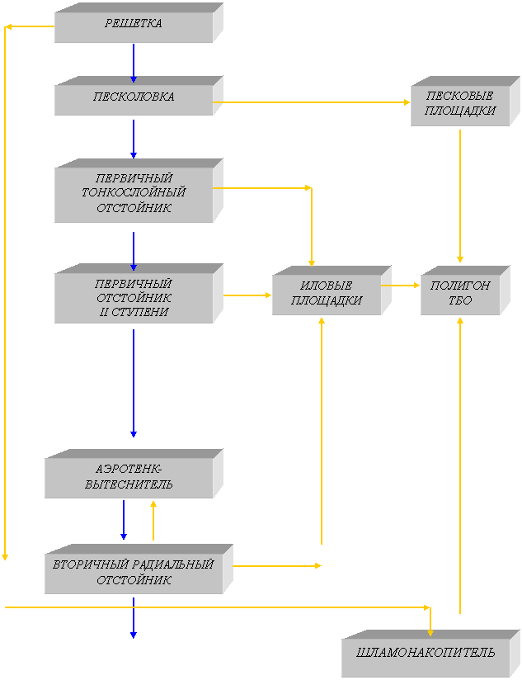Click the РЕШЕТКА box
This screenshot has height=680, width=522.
tap(134, 25)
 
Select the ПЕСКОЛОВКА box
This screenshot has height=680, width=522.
tap(134, 97)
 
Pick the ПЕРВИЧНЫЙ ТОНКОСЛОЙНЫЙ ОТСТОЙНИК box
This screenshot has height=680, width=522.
tap(134, 193)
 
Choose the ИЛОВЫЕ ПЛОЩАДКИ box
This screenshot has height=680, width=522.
tap(327, 294)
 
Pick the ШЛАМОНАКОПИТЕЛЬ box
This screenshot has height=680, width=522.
tap(426, 654)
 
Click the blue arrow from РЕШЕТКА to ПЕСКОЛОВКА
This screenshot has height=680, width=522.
tap(134, 62)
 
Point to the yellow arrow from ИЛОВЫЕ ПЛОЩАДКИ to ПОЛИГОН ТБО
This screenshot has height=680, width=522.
tap(401, 286)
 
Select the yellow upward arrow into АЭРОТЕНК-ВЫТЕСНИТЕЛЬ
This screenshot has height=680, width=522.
tap(153, 520)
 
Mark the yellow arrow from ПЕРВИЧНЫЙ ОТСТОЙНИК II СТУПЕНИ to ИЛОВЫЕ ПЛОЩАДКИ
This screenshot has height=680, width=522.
tap(247, 295)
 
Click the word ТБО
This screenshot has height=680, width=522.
tap(460, 301)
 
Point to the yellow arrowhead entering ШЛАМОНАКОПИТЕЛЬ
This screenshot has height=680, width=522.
tap(430, 632)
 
